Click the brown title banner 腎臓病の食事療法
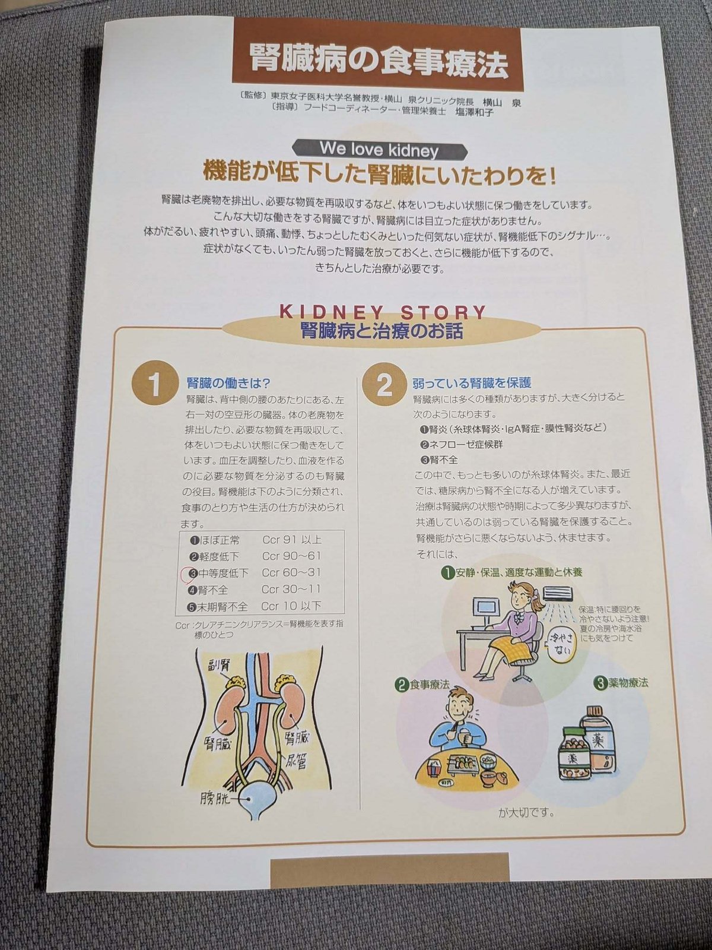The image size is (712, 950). [x=377, y=60]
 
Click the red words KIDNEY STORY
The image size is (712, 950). [x=383, y=312]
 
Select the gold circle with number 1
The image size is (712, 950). [x=154, y=385]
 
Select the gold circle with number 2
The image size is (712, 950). [x=384, y=386]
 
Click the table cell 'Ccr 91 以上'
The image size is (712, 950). [x=291, y=540]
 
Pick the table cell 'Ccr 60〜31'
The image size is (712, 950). [x=291, y=573]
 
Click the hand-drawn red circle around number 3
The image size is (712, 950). [x=191, y=574]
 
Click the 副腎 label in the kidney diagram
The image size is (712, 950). [x=218, y=665]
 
